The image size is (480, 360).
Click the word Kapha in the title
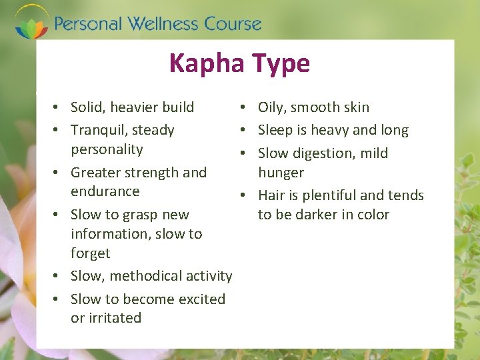[207, 64]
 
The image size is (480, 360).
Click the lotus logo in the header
[31, 23]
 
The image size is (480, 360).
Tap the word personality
[107, 149]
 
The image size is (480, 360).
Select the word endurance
[105, 191]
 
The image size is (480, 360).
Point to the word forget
[90, 253]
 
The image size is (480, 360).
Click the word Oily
[271, 107]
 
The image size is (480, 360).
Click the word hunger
[281, 173]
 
